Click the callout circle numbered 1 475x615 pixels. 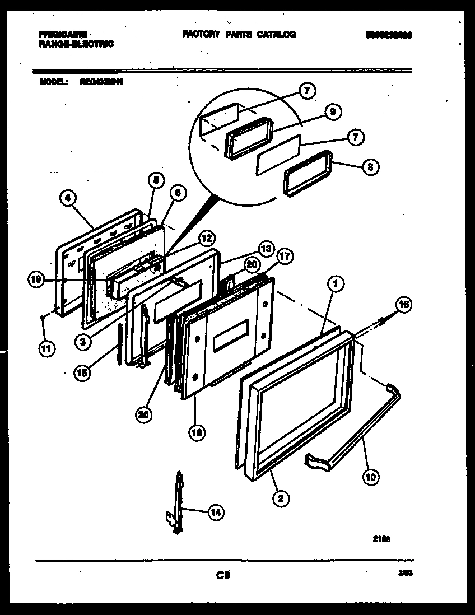(x=335, y=285)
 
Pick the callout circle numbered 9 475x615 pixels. (x=332, y=113)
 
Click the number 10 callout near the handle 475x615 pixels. (x=370, y=477)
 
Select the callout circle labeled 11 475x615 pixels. (x=46, y=349)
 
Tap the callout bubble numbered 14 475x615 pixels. (x=215, y=511)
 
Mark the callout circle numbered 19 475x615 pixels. (x=36, y=280)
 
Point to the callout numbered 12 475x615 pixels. (x=206, y=239)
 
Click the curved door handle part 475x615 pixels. (x=358, y=426)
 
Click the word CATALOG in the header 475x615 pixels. (x=276, y=34)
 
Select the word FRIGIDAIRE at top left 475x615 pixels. (x=63, y=34)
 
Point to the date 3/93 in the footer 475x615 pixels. (x=404, y=573)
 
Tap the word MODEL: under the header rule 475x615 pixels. (x=54, y=81)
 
